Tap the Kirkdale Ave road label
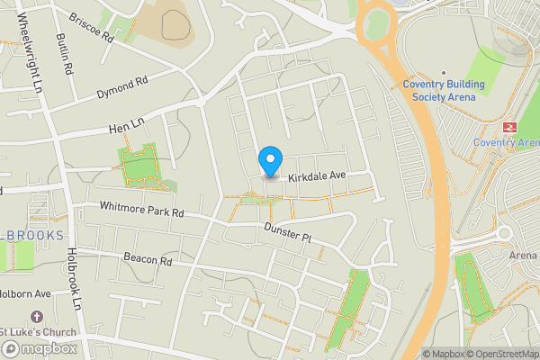coord(317,176)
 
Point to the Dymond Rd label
coord(121,87)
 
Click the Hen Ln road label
coord(125,127)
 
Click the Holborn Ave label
coord(24,293)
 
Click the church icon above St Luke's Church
coord(37,318)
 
